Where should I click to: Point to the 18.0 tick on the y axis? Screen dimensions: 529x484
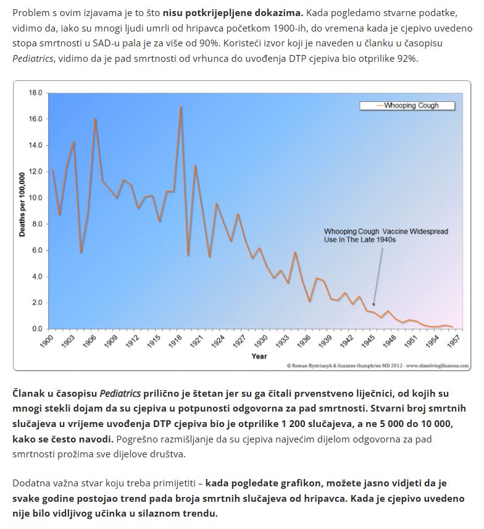click(35, 93)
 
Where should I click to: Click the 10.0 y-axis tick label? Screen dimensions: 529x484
click(35, 198)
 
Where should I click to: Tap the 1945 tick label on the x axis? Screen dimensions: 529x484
click(369, 342)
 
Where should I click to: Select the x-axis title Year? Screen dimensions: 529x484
click(259, 356)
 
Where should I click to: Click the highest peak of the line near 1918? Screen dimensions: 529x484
click(181, 107)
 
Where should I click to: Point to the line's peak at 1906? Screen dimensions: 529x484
click(95, 119)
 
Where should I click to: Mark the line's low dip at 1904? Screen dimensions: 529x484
click(81, 252)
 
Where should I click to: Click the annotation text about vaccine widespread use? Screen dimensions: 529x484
click(386, 235)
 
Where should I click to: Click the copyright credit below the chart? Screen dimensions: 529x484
click(377, 365)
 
